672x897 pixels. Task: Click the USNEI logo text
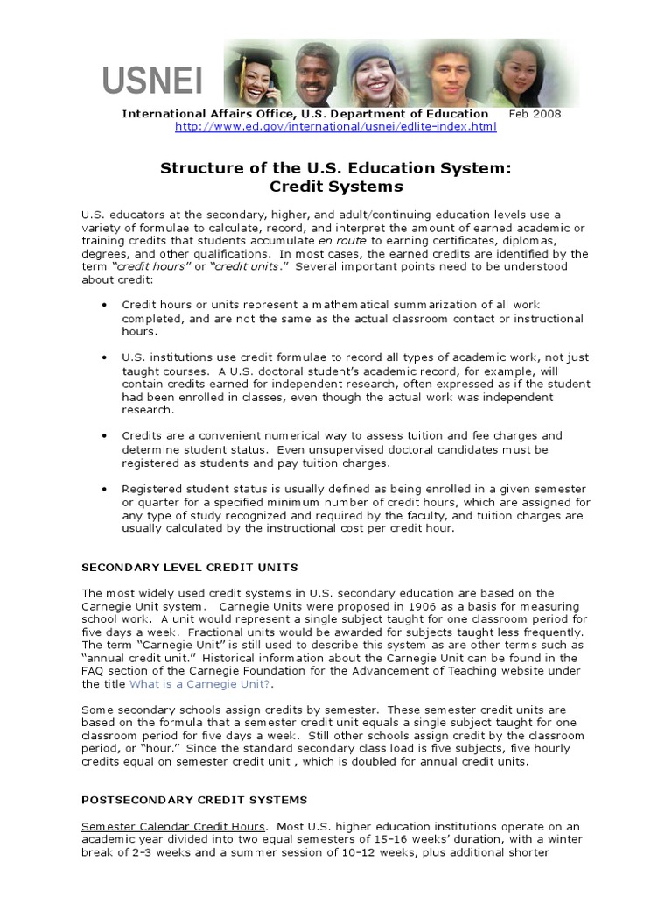(x=152, y=81)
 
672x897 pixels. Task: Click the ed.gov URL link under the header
(x=335, y=127)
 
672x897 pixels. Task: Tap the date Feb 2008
(x=535, y=113)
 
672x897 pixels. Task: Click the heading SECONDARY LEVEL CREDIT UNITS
(x=190, y=567)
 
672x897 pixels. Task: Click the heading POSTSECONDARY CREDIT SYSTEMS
(x=194, y=800)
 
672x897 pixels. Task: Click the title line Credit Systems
(x=335, y=187)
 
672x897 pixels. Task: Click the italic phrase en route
(x=336, y=240)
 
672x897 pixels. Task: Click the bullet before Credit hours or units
(x=104, y=305)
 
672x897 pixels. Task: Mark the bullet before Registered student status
(x=104, y=488)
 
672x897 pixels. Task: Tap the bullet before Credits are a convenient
(x=104, y=435)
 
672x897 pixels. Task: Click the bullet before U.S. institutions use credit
(x=104, y=357)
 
